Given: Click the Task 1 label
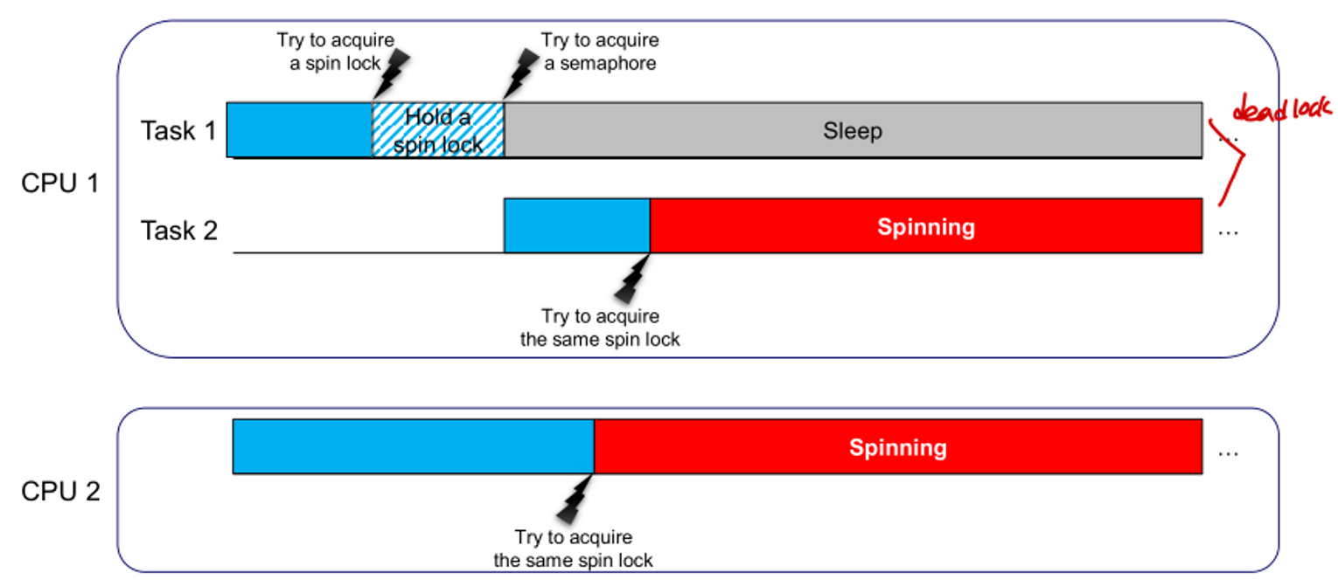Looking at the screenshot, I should point(178,131).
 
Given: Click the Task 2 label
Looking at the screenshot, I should point(178,231).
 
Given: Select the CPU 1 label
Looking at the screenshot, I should point(60,184).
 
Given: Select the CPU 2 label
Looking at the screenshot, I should point(60,491).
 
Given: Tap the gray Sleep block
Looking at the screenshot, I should point(853,131).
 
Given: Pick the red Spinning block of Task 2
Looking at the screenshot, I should point(926,227).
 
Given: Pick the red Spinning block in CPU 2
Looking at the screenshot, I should point(898,448).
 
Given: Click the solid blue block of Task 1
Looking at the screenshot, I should point(299,130).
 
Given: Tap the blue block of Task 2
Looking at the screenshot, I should point(576,226).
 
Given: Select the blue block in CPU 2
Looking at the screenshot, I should point(413,447).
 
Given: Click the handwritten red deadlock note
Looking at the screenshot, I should point(1283,111).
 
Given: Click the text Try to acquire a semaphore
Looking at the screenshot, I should point(600,52).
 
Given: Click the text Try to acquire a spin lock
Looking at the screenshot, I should point(335,52).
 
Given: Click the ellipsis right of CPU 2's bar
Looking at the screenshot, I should point(1228,452).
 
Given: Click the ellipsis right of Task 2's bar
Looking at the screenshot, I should point(1228,232).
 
